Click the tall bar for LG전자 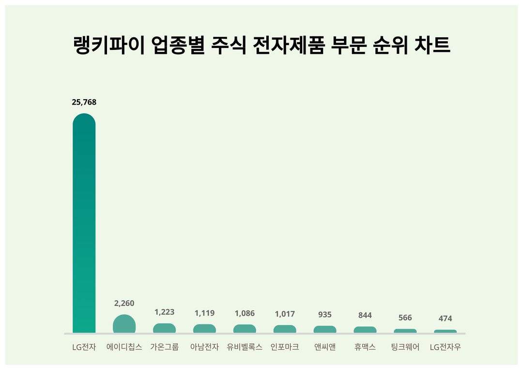84,223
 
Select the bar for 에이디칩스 124,324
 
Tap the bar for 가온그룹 164,328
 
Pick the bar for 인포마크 285,329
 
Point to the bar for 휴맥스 365,330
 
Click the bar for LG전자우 445,331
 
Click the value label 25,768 84,102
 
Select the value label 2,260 124,303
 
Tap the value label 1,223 164,312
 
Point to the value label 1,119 204,313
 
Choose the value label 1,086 245,313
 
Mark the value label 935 325,314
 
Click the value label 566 405,318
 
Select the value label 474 445,318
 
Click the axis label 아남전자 204,347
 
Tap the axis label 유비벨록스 245,347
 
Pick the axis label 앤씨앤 325,347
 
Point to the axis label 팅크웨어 405,347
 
